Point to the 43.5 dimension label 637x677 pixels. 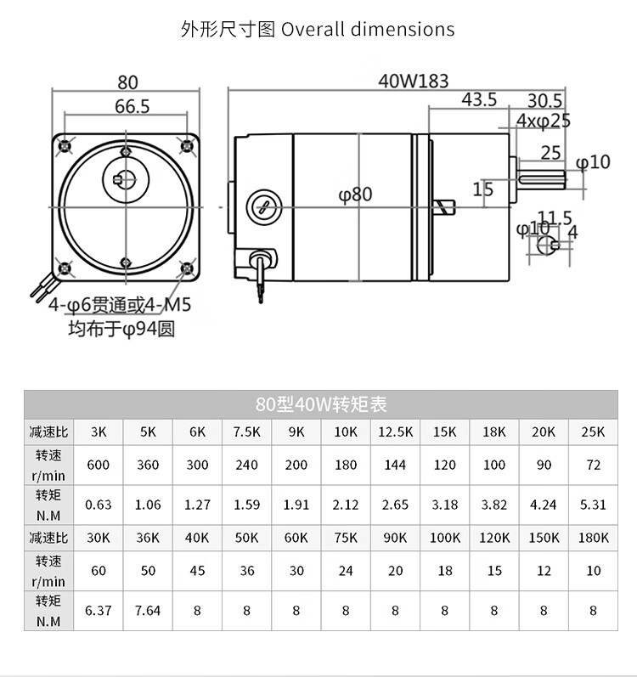[478, 99]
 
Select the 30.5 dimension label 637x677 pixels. [544, 100]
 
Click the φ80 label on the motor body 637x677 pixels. [355, 195]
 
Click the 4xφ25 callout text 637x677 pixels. [544, 121]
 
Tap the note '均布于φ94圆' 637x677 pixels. [121, 329]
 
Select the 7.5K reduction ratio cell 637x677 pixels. [246, 432]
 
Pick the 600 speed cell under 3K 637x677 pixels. [99, 465]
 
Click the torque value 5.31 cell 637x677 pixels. [593, 505]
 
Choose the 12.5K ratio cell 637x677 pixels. [395, 432]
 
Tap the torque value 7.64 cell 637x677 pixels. [148, 610]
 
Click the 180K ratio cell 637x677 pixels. [593, 538]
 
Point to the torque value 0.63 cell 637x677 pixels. [99, 505]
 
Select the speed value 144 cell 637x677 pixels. [395, 465]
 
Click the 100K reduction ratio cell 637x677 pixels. [444, 538]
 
